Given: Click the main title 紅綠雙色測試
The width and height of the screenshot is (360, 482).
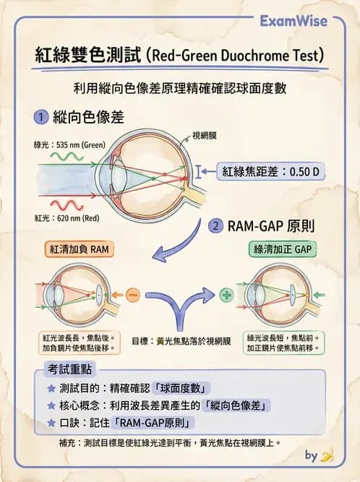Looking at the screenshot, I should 88,55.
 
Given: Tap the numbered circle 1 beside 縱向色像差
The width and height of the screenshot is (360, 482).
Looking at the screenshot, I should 42,116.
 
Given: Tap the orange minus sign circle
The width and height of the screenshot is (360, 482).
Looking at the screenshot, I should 132,296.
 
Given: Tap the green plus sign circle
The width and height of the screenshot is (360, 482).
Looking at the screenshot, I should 227,296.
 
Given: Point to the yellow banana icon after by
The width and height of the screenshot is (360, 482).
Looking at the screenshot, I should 327,455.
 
